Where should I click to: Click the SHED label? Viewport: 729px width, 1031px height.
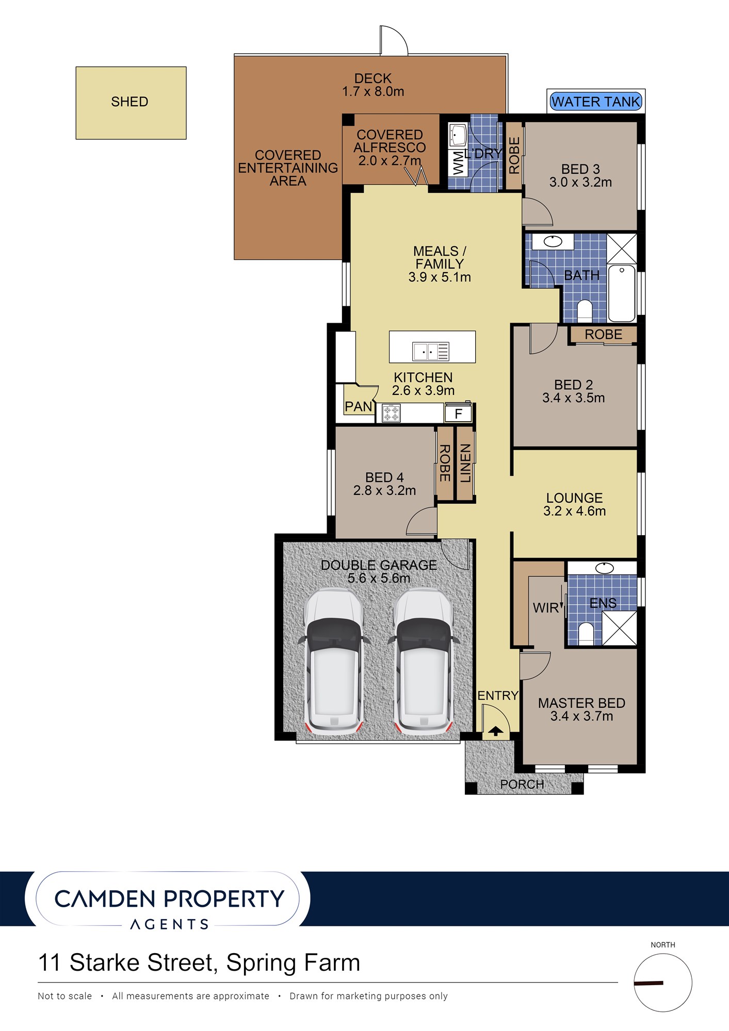(x=129, y=102)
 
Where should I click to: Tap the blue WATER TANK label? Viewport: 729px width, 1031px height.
(x=596, y=102)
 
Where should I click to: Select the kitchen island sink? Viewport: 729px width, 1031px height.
(x=431, y=352)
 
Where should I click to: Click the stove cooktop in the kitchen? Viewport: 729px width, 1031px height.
(x=391, y=413)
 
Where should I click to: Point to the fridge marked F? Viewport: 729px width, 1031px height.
(x=458, y=413)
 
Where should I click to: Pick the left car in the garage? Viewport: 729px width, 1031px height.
(x=334, y=662)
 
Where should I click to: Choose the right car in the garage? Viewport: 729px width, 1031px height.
(x=423, y=662)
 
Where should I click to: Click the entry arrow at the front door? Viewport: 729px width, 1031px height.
(x=496, y=730)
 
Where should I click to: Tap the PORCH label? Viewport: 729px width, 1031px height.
(x=522, y=784)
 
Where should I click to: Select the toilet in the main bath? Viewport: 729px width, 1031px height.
(x=585, y=311)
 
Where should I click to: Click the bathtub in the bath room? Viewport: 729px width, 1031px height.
(x=622, y=293)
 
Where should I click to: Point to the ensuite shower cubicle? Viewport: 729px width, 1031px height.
(x=620, y=627)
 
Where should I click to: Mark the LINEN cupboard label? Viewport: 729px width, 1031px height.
(x=465, y=463)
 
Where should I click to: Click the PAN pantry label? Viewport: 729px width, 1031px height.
(x=359, y=407)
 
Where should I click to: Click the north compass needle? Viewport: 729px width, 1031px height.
(x=649, y=984)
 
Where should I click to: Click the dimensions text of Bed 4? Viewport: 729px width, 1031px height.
(x=384, y=491)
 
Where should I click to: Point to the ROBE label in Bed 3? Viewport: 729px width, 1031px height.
(x=514, y=155)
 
